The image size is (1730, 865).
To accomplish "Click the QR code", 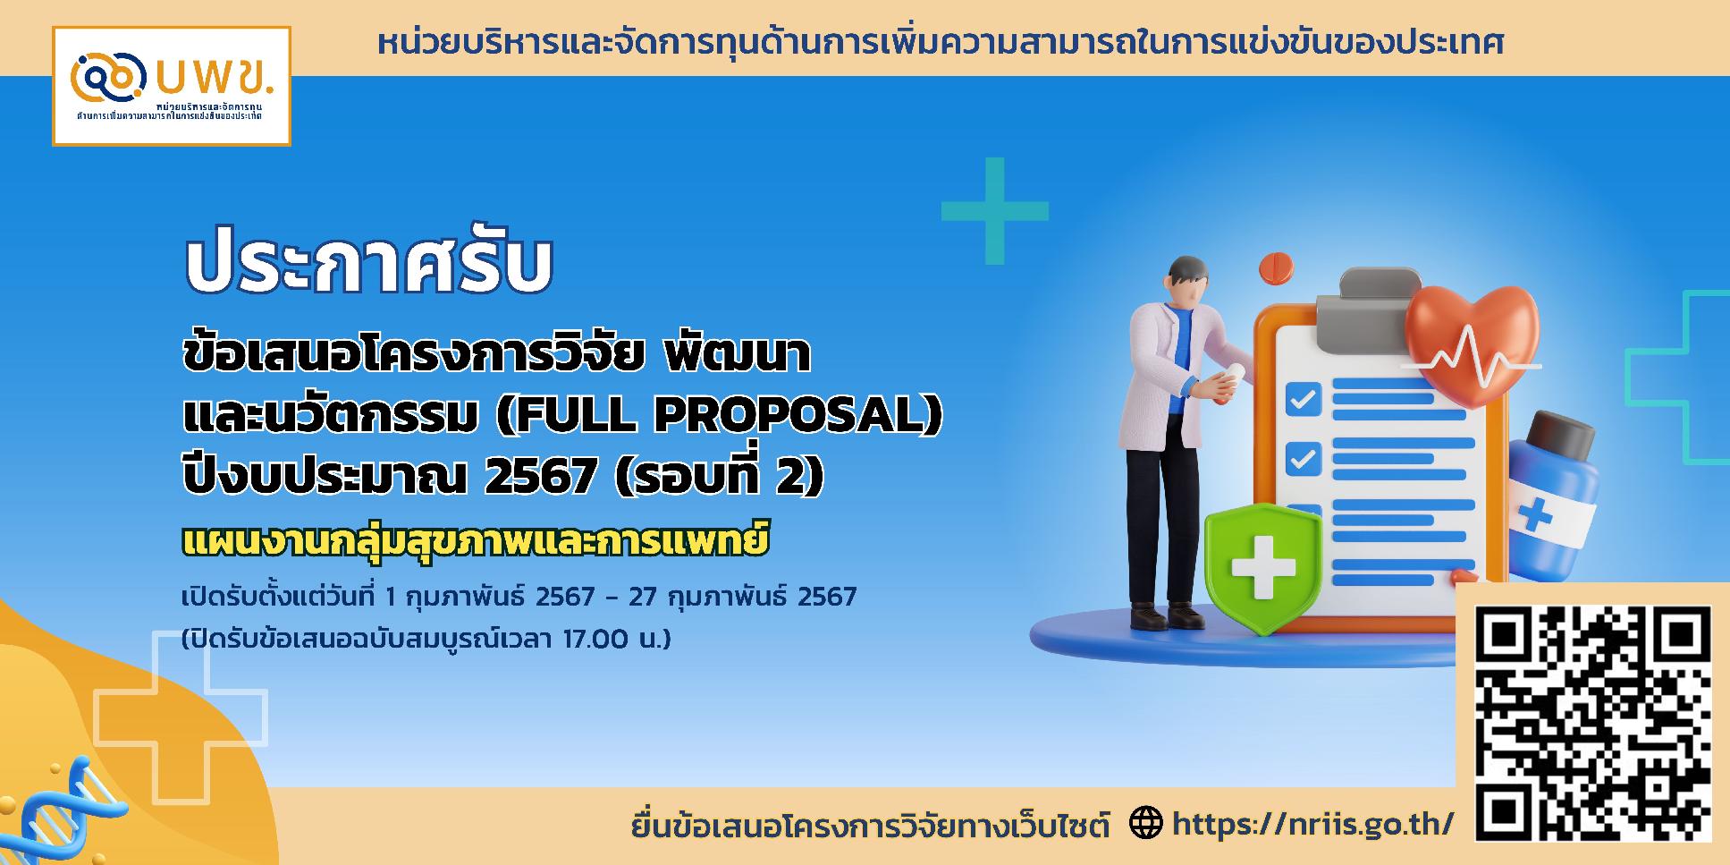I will click(x=1592, y=723).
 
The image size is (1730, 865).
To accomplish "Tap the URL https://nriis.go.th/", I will click(x=1312, y=824).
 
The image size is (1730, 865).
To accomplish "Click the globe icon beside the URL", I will click(x=1146, y=823).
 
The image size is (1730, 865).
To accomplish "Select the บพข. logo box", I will click(x=172, y=86).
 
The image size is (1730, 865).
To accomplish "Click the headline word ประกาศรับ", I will click(x=368, y=266).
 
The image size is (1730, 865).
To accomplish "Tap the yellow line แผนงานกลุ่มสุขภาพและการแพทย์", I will click(x=475, y=541).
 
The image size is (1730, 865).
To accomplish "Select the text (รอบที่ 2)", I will click(x=720, y=476).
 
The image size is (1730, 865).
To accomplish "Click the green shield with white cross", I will click(x=1262, y=565).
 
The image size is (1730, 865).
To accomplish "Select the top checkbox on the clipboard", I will click(x=1303, y=398).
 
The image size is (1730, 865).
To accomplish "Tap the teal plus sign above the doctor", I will click(x=994, y=211).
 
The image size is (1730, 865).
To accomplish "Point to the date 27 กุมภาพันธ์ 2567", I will click(x=743, y=596).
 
